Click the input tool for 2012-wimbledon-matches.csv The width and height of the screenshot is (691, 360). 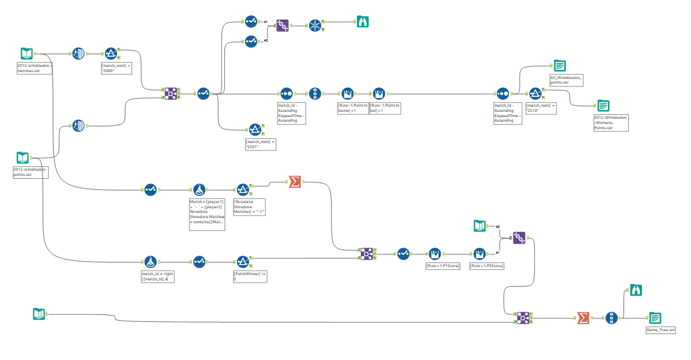pyautogui.click(x=26, y=54)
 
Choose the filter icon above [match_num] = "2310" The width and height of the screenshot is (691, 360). pyautogui.click(x=535, y=93)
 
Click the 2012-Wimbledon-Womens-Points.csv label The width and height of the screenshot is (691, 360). pyautogui.click(x=611, y=122)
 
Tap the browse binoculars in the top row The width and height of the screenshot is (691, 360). pyautogui.click(x=362, y=22)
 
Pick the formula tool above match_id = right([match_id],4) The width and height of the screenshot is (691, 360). pyautogui.click(x=151, y=261)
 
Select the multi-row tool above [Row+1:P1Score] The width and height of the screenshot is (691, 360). pyautogui.click(x=435, y=254)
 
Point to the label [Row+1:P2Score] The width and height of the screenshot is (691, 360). pyautogui.click(x=487, y=265)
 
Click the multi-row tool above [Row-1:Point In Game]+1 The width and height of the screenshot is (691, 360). pyautogui.click(x=347, y=93)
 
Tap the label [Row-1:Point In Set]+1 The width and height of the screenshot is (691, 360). pyautogui.click(x=385, y=108)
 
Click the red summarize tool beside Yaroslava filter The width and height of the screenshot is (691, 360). pyautogui.click(x=294, y=183)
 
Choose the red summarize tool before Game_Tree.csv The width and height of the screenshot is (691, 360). pyautogui.click(x=583, y=318)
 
